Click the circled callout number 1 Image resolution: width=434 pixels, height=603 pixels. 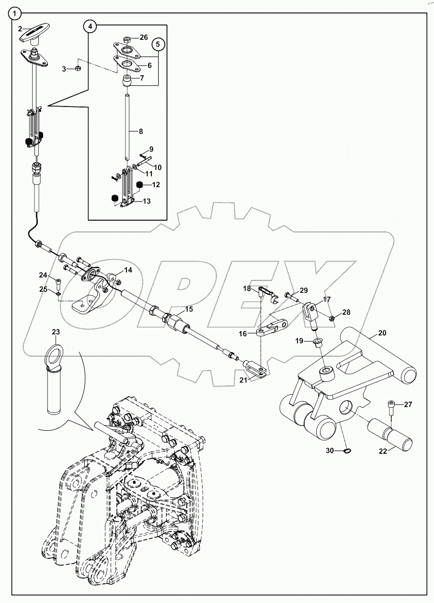pyautogui.click(x=16, y=14)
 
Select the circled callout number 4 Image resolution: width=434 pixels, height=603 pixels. pyautogui.click(x=91, y=26)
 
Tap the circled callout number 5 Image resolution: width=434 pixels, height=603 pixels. pyautogui.click(x=159, y=45)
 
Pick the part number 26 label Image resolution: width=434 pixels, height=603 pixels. pyautogui.click(x=144, y=37)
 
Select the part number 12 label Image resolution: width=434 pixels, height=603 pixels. pyautogui.click(x=156, y=184)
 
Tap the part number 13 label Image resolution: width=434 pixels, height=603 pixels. pyautogui.click(x=146, y=201)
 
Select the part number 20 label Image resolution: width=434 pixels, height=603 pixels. pyautogui.click(x=382, y=332)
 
